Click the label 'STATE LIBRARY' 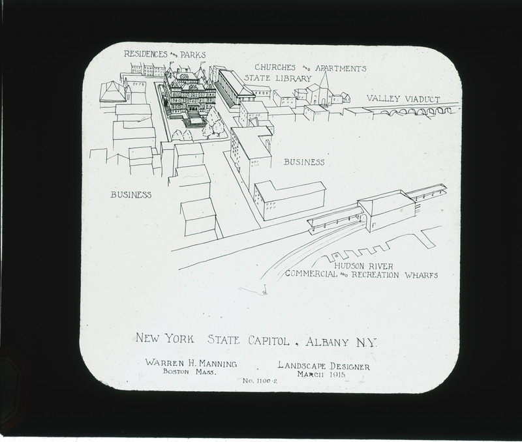(278, 78)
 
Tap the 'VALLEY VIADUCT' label (403, 99)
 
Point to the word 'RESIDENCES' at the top (146, 54)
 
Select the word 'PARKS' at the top (193, 55)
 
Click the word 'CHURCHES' (275, 67)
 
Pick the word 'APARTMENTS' (341, 68)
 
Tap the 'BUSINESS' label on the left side (131, 194)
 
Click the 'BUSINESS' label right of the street (304, 162)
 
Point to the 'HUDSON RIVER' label (363, 266)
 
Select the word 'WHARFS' (421, 275)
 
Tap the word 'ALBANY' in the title (328, 342)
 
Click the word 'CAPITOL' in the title (269, 341)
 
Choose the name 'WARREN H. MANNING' (191, 363)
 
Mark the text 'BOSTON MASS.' (190, 372)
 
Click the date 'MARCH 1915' (321, 374)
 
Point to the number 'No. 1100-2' (260, 381)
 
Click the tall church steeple (324, 81)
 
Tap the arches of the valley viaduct (417, 111)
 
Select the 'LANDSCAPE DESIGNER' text (324, 366)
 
